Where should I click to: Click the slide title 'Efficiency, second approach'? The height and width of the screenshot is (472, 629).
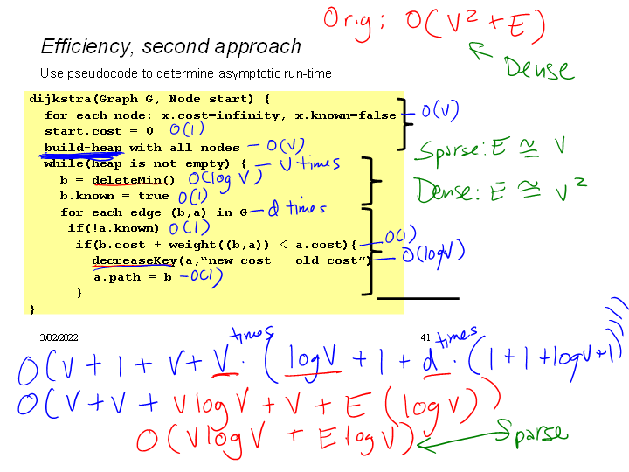[x=171, y=46]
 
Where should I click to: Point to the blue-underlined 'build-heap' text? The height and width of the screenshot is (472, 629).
[x=84, y=148]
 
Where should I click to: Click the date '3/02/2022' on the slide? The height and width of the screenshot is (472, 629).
[x=59, y=337]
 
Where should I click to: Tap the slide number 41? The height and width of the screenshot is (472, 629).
[x=426, y=337]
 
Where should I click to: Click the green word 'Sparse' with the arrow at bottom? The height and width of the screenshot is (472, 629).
[x=532, y=434]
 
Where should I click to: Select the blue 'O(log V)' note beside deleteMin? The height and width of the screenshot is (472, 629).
[x=225, y=178]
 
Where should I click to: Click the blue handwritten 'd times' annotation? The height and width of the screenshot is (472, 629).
[x=297, y=208]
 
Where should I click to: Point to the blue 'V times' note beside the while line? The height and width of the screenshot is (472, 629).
[x=310, y=163]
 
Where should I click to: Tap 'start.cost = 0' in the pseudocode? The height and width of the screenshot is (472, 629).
[x=99, y=131]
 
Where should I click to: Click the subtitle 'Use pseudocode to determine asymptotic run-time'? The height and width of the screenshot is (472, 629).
[x=186, y=73]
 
